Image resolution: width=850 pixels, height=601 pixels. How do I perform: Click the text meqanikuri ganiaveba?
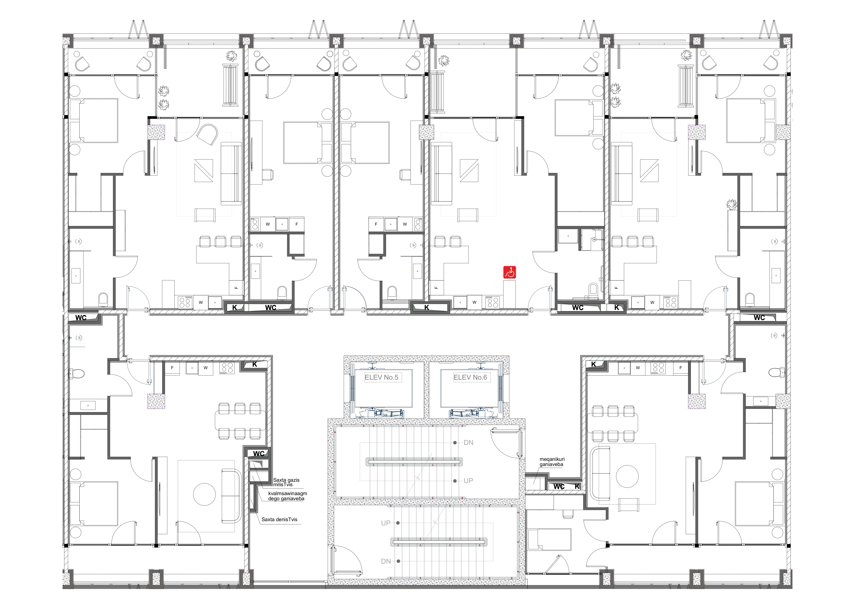[x=552, y=462]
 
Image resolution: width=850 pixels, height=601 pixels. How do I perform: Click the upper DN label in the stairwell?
[x=468, y=443]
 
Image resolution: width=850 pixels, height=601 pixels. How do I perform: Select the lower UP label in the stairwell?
[x=386, y=523]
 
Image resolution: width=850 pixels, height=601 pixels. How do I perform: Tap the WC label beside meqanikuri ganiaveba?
[x=559, y=486]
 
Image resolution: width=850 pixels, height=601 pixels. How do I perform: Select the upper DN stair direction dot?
[x=455, y=443]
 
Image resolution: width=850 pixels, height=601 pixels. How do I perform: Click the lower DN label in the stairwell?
[x=386, y=561]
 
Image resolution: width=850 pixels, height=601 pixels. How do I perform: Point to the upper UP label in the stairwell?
[x=468, y=481]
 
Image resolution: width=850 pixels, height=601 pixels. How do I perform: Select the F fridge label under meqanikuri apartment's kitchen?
[x=680, y=368]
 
